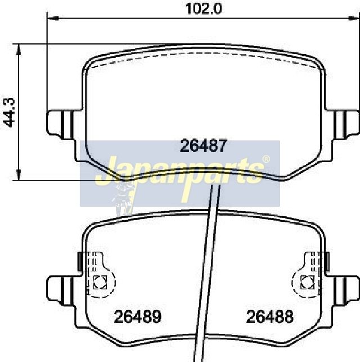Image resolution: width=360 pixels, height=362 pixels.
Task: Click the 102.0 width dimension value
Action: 204,9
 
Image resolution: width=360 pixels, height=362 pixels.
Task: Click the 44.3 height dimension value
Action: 9,113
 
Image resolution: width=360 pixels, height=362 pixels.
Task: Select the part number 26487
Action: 204,146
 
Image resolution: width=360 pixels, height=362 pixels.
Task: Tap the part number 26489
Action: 138,317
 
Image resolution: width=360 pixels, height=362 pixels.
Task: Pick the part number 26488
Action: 270,317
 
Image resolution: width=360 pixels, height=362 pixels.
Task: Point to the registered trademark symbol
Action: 266,159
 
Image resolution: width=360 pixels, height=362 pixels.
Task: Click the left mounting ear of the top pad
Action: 60,124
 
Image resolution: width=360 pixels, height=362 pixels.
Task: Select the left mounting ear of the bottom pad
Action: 60,291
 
